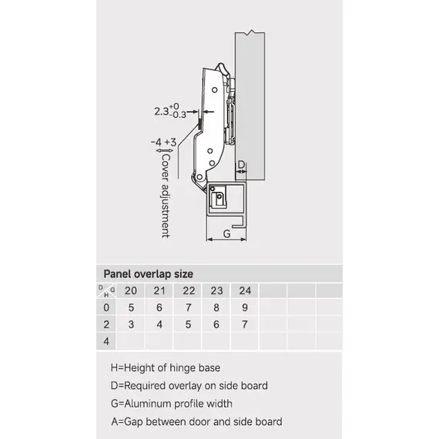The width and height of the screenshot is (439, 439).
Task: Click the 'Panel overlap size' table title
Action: pos(148,274)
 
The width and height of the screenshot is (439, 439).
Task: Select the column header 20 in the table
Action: pos(131,290)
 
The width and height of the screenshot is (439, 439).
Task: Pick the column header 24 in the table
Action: pos(245,290)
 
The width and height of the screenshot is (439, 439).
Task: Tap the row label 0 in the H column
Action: pos(106,307)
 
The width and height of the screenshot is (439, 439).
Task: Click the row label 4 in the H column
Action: pos(106,341)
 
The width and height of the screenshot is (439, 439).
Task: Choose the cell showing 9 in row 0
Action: pos(245,307)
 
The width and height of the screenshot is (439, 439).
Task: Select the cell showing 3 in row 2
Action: pos(131,324)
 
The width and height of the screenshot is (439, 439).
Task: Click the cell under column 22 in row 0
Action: pos(188,307)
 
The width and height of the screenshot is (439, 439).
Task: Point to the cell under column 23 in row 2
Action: pos(216,324)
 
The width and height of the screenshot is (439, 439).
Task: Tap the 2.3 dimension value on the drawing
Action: pos(162,112)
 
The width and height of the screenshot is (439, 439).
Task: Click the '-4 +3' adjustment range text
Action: pos(164,142)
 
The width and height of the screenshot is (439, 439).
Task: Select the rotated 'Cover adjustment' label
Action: pos(166,196)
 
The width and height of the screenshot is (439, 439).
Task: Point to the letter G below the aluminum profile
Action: pos(226,233)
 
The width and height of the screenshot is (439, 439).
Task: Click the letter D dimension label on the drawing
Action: pos(241,165)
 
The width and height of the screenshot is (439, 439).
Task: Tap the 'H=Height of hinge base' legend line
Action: pos(166,368)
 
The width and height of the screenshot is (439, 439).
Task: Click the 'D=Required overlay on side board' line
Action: pos(189,386)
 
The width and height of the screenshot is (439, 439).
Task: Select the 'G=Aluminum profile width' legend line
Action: pos(172,404)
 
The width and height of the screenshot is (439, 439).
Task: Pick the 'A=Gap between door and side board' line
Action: pos(196,421)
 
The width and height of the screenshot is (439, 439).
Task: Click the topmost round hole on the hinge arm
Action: pos(215,90)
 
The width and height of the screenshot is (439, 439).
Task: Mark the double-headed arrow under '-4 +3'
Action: pos(165,151)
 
